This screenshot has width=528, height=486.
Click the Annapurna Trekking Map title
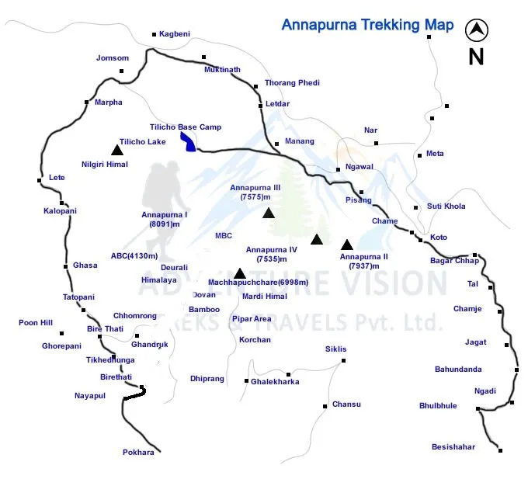coord(367,25)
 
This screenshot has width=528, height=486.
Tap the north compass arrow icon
coord(476,31)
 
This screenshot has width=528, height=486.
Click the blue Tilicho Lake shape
coord(188,141)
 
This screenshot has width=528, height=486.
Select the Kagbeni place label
coord(175,34)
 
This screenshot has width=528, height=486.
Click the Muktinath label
coord(222,69)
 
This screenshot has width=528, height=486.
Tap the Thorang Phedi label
coord(292,82)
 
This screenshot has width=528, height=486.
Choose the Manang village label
coord(300,141)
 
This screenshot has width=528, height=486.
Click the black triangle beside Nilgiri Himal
coord(116,149)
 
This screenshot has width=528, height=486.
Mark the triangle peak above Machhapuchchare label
coord(240,273)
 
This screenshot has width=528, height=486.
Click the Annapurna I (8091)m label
coord(165,219)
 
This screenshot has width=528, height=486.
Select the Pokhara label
coord(138,452)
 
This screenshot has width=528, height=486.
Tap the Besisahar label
coord(453,446)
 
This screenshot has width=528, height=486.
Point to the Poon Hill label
coord(36,322)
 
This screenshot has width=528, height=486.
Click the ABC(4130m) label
coord(134,255)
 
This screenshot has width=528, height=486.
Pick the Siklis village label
coord(336,349)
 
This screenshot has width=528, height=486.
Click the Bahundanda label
coord(458,370)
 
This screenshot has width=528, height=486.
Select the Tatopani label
coord(78,297)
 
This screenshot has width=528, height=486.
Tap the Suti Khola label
coord(446,207)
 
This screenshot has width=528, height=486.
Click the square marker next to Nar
coord(376,143)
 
